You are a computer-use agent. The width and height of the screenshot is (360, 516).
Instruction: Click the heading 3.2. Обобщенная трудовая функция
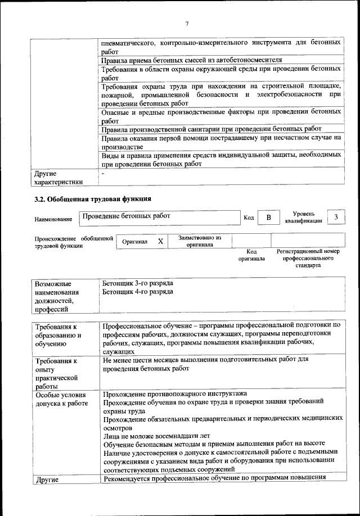[93, 200]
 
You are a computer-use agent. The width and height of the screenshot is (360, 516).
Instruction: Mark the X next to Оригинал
[160, 241]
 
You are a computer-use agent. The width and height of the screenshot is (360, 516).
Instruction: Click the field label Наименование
[53, 219]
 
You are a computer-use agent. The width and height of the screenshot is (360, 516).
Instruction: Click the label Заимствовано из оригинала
[200, 241]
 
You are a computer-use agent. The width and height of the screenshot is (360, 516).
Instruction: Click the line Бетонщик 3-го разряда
[138, 283]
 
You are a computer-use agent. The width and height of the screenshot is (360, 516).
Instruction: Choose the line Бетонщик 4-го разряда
[138, 292]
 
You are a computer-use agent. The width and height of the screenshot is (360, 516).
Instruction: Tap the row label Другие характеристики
[58, 178]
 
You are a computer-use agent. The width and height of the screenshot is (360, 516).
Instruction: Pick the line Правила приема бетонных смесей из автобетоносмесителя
[191, 60]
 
